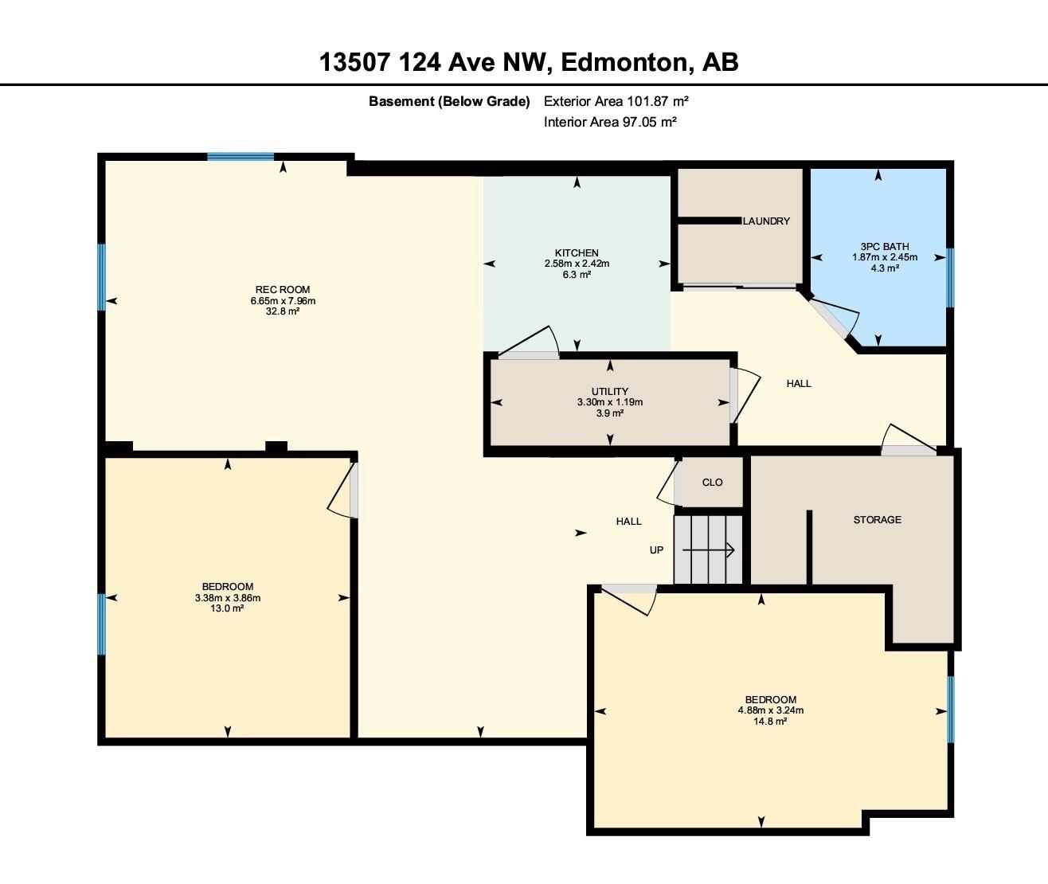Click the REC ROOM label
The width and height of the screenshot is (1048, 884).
pyautogui.click(x=283, y=289)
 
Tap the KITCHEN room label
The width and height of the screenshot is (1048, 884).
pyautogui.click(x=577, y=253)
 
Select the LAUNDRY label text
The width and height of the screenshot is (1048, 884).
pyautogui.click(x=766, y=221)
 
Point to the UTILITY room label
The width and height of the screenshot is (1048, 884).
pyautogui.click(x=610, y=391)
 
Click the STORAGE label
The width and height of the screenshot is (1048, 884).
pyautogui.click(x=877, y=519)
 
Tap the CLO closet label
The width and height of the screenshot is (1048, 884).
pyautogui.click(x=712, y=482)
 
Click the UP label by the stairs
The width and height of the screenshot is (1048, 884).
pyautogui.click(x=656, y=550)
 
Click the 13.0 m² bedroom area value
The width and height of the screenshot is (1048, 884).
pyautogui.click(x=227, y=608)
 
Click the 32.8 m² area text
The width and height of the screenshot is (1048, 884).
pyautogui.click(x=283, y=311)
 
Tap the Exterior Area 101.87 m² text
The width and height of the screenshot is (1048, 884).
pyautogui.click(x=616, y=101)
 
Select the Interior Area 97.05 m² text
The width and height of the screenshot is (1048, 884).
pyautogui.click(x=610, y=122)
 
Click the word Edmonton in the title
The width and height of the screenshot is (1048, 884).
pyautogui.click(x=625, y=61)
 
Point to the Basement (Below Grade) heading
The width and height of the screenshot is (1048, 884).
pyautogui.click(x=449, y=101)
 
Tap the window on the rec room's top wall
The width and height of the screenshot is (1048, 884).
pyautogui.click(x=240, y=157)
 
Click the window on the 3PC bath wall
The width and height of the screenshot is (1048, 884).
pyautogui.click(x=949, y=277)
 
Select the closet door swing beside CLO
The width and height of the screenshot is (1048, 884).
pyautogui.click(x=667, y=486)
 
